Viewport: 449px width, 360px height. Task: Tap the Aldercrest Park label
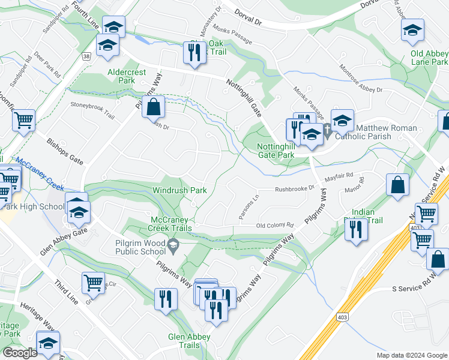pos(126,76)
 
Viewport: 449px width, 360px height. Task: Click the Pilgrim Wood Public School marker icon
pos(173,244)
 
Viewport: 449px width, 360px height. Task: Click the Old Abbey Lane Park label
pos(429,58)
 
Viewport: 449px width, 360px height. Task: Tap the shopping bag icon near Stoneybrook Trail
pos(154,107)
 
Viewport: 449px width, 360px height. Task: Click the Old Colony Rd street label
pos(275,226)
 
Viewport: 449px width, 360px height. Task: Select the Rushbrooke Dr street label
pos(294,188)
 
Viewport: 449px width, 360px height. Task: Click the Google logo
pos(20,352)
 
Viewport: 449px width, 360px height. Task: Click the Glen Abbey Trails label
pos(184,341)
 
